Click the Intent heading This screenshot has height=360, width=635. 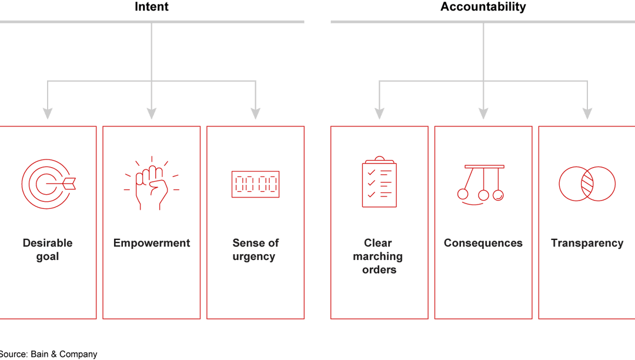[152, 7]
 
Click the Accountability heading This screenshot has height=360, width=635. [483, 7]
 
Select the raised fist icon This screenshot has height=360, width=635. [152, 183]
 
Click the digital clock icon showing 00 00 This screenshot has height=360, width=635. [255, 184]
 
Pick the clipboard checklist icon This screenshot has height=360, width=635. [379, 182]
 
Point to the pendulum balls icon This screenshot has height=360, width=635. [483, 185]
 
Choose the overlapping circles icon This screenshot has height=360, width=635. [587, 184]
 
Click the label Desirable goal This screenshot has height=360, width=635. [48, 249]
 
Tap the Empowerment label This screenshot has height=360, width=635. [152, 243]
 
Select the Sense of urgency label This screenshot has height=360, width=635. [255, 249]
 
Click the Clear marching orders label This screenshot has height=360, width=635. [379, 256]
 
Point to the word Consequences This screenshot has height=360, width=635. [483, 243]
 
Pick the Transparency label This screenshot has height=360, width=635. [587, 243]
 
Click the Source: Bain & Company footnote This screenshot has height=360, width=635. [48, 354]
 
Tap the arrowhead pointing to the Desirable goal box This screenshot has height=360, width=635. [48, 113]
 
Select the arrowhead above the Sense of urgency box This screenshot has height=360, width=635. [255, 113]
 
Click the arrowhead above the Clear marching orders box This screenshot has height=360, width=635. [379, 113]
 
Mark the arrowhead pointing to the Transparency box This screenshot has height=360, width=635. [587, 113]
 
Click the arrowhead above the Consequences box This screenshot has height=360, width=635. [483, 113]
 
